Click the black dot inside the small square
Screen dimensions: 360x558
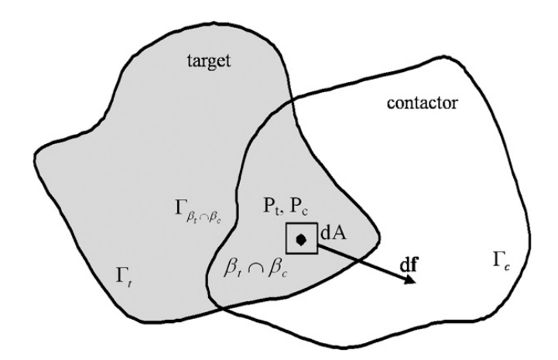(303, 240)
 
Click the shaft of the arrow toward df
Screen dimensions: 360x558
(364, 262)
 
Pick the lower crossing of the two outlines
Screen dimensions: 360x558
(220, 303)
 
